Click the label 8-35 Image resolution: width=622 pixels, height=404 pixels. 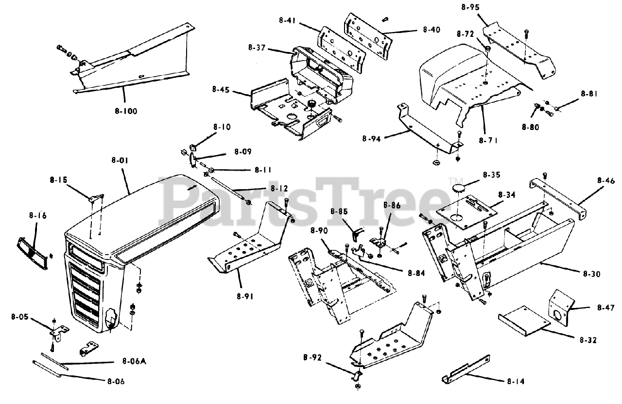coord(491,175)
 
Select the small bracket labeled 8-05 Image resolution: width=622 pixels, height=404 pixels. coord(59,332)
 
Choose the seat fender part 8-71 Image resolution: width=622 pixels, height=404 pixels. coord(457,85)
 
